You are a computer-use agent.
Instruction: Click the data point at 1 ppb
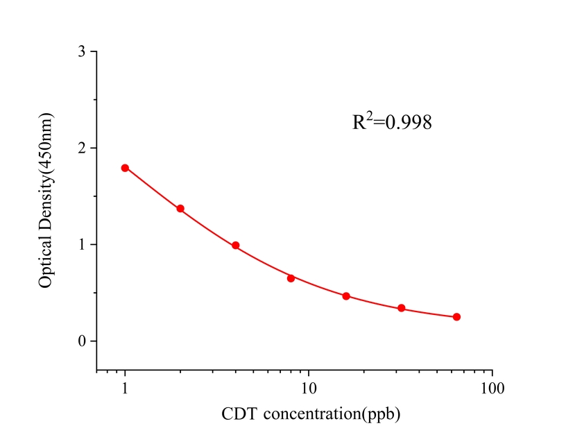coord(125,168)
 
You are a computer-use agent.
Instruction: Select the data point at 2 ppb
coord(180,209)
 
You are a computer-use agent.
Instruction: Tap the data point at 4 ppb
coord(236,246)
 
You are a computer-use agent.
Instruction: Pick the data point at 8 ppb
coord(291,278)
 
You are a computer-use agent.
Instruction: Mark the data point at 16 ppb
coord(346,296)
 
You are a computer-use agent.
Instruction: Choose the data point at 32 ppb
coord(402,308)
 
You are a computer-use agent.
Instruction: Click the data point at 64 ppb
coord(456,317)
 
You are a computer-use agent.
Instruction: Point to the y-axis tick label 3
coord(83,52)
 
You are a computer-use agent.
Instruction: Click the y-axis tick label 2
coord(83,148)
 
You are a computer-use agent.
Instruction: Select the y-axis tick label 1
coord(83,245)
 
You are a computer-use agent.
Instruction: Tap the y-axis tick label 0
coord(83,341)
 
